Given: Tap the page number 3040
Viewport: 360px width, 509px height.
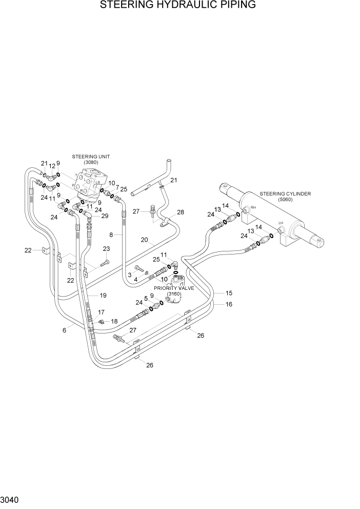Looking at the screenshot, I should tap(11, 499).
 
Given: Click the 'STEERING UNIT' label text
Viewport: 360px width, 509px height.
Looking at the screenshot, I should tap(91, 156).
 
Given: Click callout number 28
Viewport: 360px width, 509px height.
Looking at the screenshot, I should tap(180, 212).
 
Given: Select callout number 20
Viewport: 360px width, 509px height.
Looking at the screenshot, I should tap(144, 240).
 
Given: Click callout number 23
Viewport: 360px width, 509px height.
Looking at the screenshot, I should tap(106, 249).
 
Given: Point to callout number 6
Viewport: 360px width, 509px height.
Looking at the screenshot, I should tap(64, 330).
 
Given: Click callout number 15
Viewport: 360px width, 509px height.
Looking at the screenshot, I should tap(229, 293).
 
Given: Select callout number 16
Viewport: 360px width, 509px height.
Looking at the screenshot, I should tap(229, 304).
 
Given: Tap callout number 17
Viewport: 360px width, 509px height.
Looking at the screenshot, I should tap(101, 312).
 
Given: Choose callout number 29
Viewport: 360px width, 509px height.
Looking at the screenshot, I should tap(105, 216).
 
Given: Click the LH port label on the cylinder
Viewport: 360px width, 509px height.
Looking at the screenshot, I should tap(281, 223).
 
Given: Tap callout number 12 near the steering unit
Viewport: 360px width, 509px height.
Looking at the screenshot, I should tap(52, 166).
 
